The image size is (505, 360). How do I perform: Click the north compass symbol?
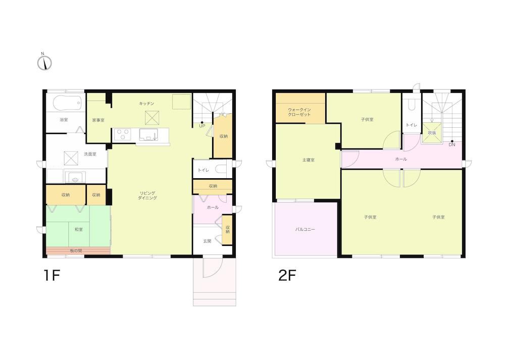pos(44,62)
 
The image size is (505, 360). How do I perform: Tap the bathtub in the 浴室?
pos(67,103)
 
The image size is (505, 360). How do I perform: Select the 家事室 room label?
pos(98,120)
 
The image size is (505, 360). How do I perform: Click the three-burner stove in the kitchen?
pos(122,134)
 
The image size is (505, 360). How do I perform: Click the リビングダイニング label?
pos(147,195)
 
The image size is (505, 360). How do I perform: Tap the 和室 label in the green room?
pos(79,230)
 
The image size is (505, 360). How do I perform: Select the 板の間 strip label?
pos(76,250)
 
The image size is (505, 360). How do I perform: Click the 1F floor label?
pos(52,275)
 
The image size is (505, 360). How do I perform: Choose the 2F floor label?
pos(287,275)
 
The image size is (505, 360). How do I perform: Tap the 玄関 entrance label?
pos(207,241)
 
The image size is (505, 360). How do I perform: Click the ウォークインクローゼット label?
pos(299,112)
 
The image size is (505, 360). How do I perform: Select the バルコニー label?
pos(305,230)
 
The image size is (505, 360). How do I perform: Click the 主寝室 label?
pos(308,160)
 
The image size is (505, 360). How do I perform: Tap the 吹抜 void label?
pos(432,133)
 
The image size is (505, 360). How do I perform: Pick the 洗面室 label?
pos(90,154)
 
